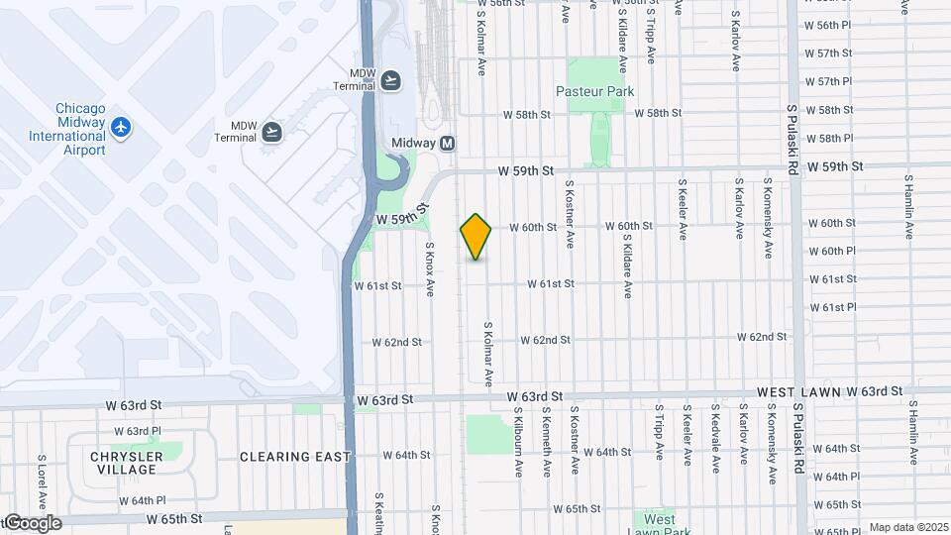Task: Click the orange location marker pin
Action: pyautogui.click(x=475, y=237)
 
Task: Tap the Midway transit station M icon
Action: pyautogui.click(x=447, y=143)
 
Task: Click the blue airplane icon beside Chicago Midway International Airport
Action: pyautogui.click(x=121, y=127)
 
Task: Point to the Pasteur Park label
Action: pyautogui.click(x=594, y=91)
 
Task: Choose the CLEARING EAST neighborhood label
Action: pyautogui.click(x=295, y=457)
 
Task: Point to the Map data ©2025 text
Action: pyautogui.click(x=907, y=528)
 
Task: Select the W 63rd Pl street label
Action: pyautogui.click(x=137, y=431)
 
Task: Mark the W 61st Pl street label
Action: pyautogui.click(x=832, y=307)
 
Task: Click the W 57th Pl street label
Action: pyautogui.click(x=828, y=81)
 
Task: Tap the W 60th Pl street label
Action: pyautogui.click(x=831, y=251)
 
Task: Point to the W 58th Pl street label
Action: pyautogui.click(x=828, y=139)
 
